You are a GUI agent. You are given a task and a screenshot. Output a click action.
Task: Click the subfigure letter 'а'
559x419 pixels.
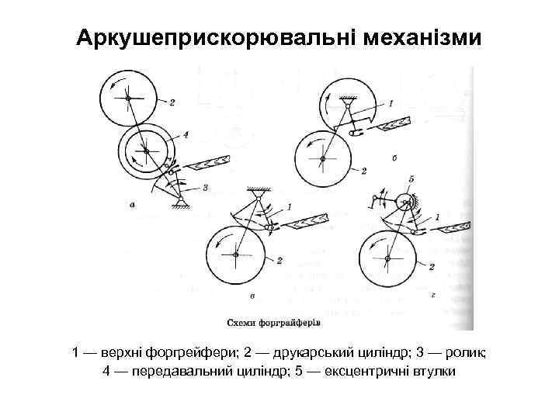pyautogui.click(x=134, y=206)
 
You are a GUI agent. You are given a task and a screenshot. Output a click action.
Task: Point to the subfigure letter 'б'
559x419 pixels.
pyautogui.click(x=396, y=158)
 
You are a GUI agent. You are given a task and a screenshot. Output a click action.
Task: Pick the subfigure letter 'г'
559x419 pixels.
pyautogui.click(x=432, y=296)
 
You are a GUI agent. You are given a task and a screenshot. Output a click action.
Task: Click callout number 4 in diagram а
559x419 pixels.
pyautogui.click(x=186, y=133)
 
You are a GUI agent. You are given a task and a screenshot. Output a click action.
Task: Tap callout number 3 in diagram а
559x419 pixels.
pyautogui.click(x=204, y=187)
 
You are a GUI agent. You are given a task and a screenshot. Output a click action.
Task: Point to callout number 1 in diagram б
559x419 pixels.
pyautogui.click(x=391, y=102)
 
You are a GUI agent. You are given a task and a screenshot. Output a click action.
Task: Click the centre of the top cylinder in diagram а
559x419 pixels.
pyautogui.click(x=126, y=97)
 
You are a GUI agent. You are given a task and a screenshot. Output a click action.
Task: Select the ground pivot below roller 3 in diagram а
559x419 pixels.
pyautogui.click(x=181, y=202)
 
